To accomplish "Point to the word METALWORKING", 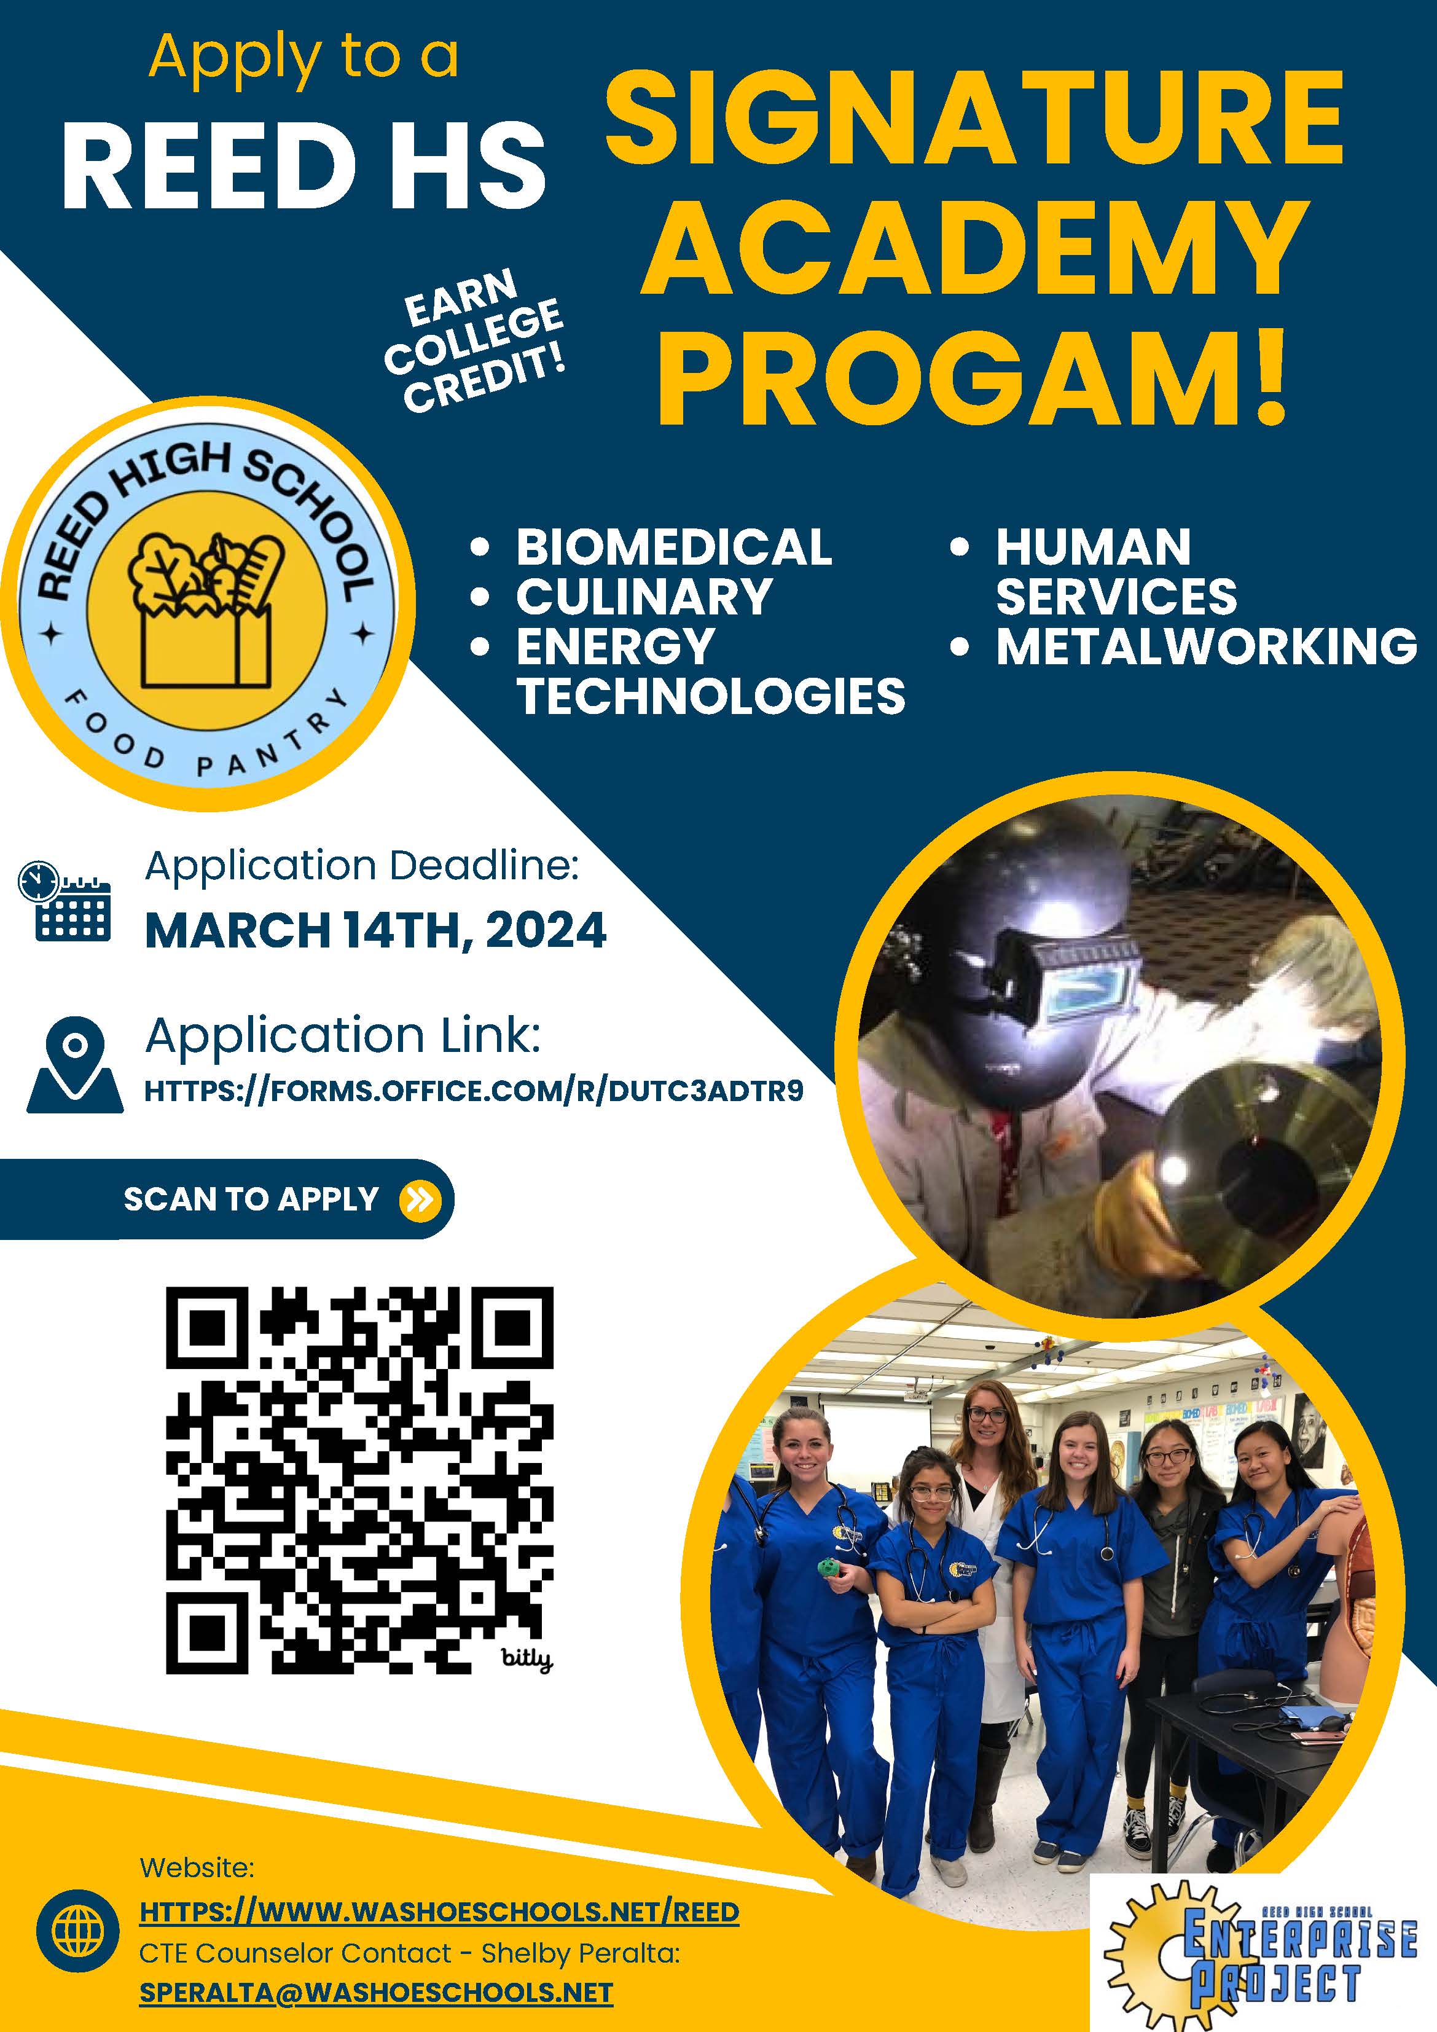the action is click(1206, 646).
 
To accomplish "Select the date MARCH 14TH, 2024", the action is click(375, 931).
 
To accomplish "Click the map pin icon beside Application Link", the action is click(75, 1065).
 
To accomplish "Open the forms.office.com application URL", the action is click(474, 1090).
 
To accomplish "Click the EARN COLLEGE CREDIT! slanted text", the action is click(474, 341).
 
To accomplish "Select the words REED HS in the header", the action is click(303, 165).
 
